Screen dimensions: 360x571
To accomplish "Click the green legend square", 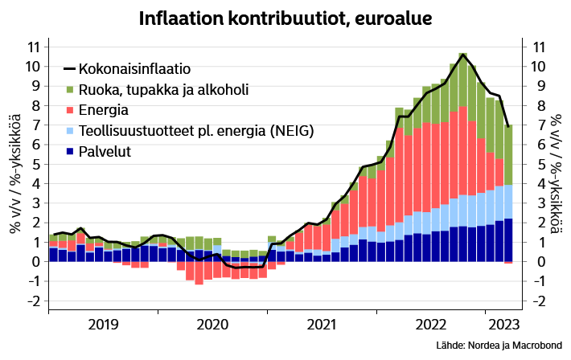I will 69,90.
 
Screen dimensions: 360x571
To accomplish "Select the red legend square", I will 69,110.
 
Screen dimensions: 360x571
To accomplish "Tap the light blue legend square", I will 69,130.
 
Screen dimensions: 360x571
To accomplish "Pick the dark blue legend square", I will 69,151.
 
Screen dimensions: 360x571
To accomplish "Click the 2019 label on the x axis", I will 104,325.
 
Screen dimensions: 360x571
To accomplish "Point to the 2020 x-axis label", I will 212,325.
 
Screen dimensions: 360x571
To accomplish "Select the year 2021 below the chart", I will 322,325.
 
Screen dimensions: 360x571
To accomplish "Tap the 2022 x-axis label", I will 430,325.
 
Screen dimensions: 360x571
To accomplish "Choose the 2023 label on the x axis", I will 504,325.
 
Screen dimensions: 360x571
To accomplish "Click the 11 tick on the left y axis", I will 34,47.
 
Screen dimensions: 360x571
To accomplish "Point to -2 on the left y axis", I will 33,301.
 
